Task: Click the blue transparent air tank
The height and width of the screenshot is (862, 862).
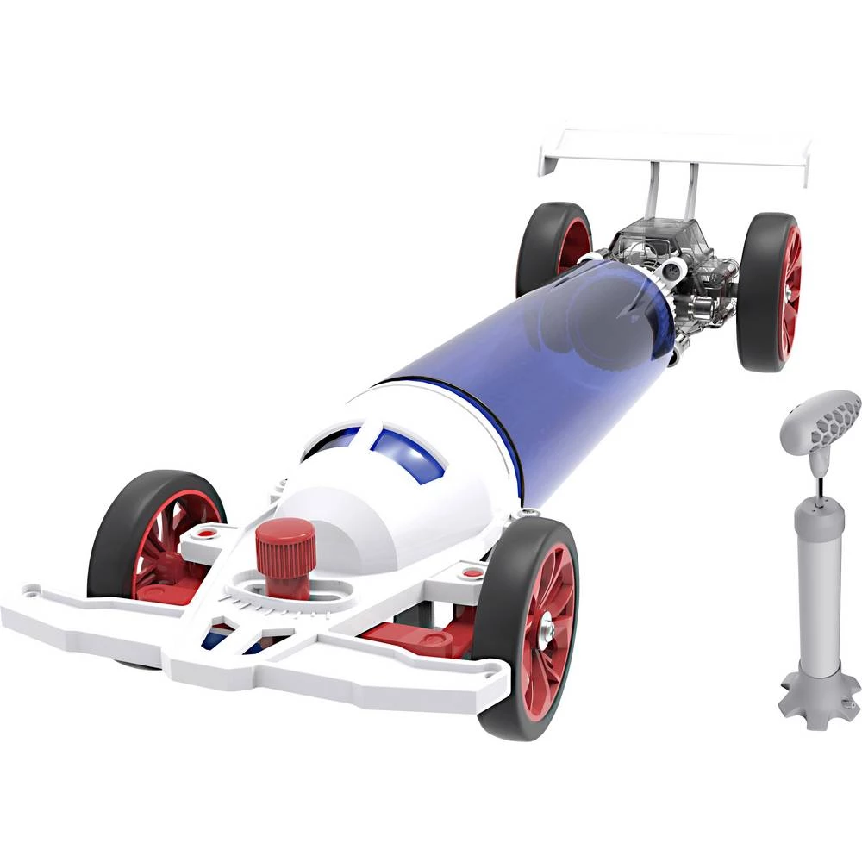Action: point(534,362)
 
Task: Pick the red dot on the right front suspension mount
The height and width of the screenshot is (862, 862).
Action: point(472,572)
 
